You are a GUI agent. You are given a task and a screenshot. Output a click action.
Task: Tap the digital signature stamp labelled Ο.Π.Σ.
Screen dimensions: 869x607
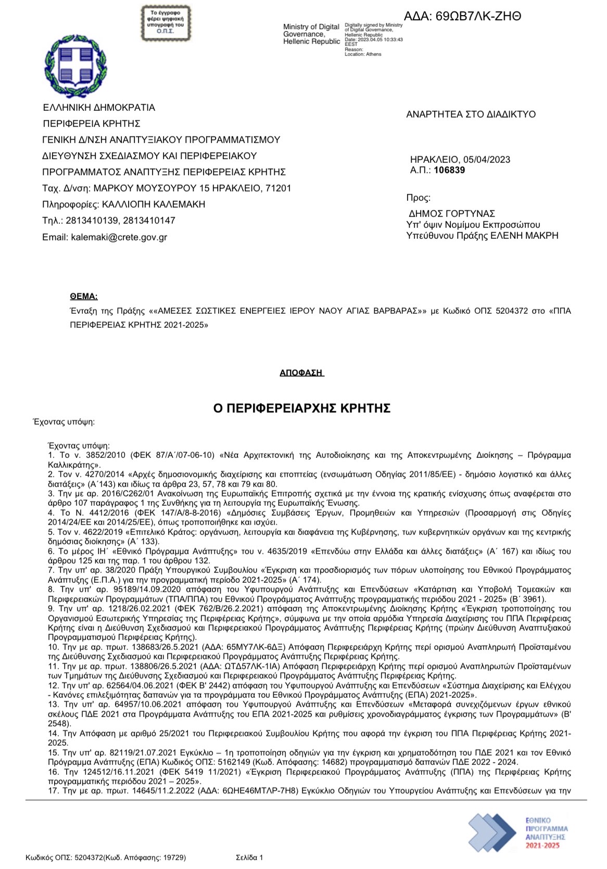click(x=166, y=23)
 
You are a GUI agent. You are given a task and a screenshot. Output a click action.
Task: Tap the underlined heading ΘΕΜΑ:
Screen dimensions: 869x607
click(x=84, y=297)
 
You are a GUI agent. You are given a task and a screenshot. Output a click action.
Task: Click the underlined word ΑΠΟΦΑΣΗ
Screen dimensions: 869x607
click(x=301, y=373)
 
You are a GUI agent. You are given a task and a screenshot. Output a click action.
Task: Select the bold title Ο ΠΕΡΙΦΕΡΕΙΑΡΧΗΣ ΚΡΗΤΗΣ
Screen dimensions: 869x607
click(x=302, y=408)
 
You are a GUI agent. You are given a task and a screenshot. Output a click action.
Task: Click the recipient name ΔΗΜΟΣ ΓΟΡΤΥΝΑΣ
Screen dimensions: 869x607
click(x=452, y=214)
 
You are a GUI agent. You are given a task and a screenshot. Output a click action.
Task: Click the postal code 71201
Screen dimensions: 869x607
click(x=279, y=188)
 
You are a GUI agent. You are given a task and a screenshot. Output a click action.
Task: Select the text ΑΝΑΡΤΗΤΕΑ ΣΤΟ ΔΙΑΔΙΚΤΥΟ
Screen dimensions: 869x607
click(x=471, y=114)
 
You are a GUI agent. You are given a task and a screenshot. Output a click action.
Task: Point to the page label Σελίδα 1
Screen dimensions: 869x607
click(x=249, y=858)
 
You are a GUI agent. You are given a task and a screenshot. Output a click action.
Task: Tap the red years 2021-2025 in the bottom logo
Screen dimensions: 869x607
click(x=542, y=846)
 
